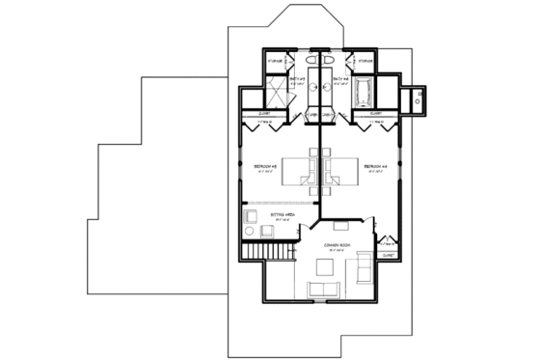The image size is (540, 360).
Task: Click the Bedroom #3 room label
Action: (265, 166)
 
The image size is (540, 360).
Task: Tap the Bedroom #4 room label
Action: (374, 166)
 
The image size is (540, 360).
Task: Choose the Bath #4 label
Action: (339, 79)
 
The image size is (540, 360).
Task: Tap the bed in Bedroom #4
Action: (339, 167)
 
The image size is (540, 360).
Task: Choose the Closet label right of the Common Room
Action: (389, 245)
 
